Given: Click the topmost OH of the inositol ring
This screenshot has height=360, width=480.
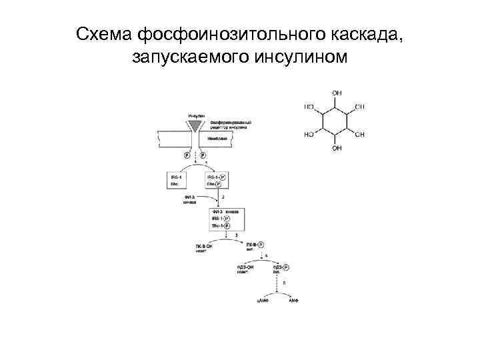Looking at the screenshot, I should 337,93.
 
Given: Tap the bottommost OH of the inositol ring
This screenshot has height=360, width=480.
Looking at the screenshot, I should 337,148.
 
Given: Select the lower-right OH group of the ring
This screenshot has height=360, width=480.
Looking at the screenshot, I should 360,135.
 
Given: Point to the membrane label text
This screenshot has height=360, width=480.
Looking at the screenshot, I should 218,139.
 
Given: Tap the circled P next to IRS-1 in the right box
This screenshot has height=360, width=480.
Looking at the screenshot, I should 222,177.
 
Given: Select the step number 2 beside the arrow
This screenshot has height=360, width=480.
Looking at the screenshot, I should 223,198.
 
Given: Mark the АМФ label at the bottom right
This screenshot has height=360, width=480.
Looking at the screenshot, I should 293,301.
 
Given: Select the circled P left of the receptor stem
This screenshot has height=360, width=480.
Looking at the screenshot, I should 188,154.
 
